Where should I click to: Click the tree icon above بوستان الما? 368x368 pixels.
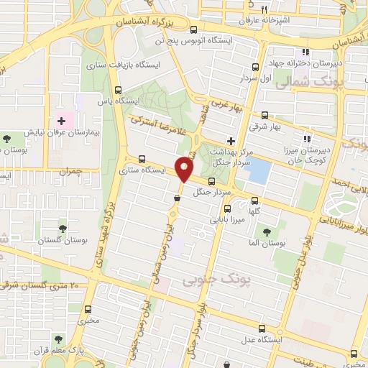click(x=267, y=232)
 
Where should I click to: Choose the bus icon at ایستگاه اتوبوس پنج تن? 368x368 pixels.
click(x=193, y=29)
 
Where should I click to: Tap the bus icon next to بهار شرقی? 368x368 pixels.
click(x=265, y=115)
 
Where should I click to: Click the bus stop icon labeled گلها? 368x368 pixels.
click(x=256, y=202)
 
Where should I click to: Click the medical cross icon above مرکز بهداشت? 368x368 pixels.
click(x=230, y=141)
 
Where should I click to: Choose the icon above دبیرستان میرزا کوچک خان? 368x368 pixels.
click(x=307, y=139)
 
